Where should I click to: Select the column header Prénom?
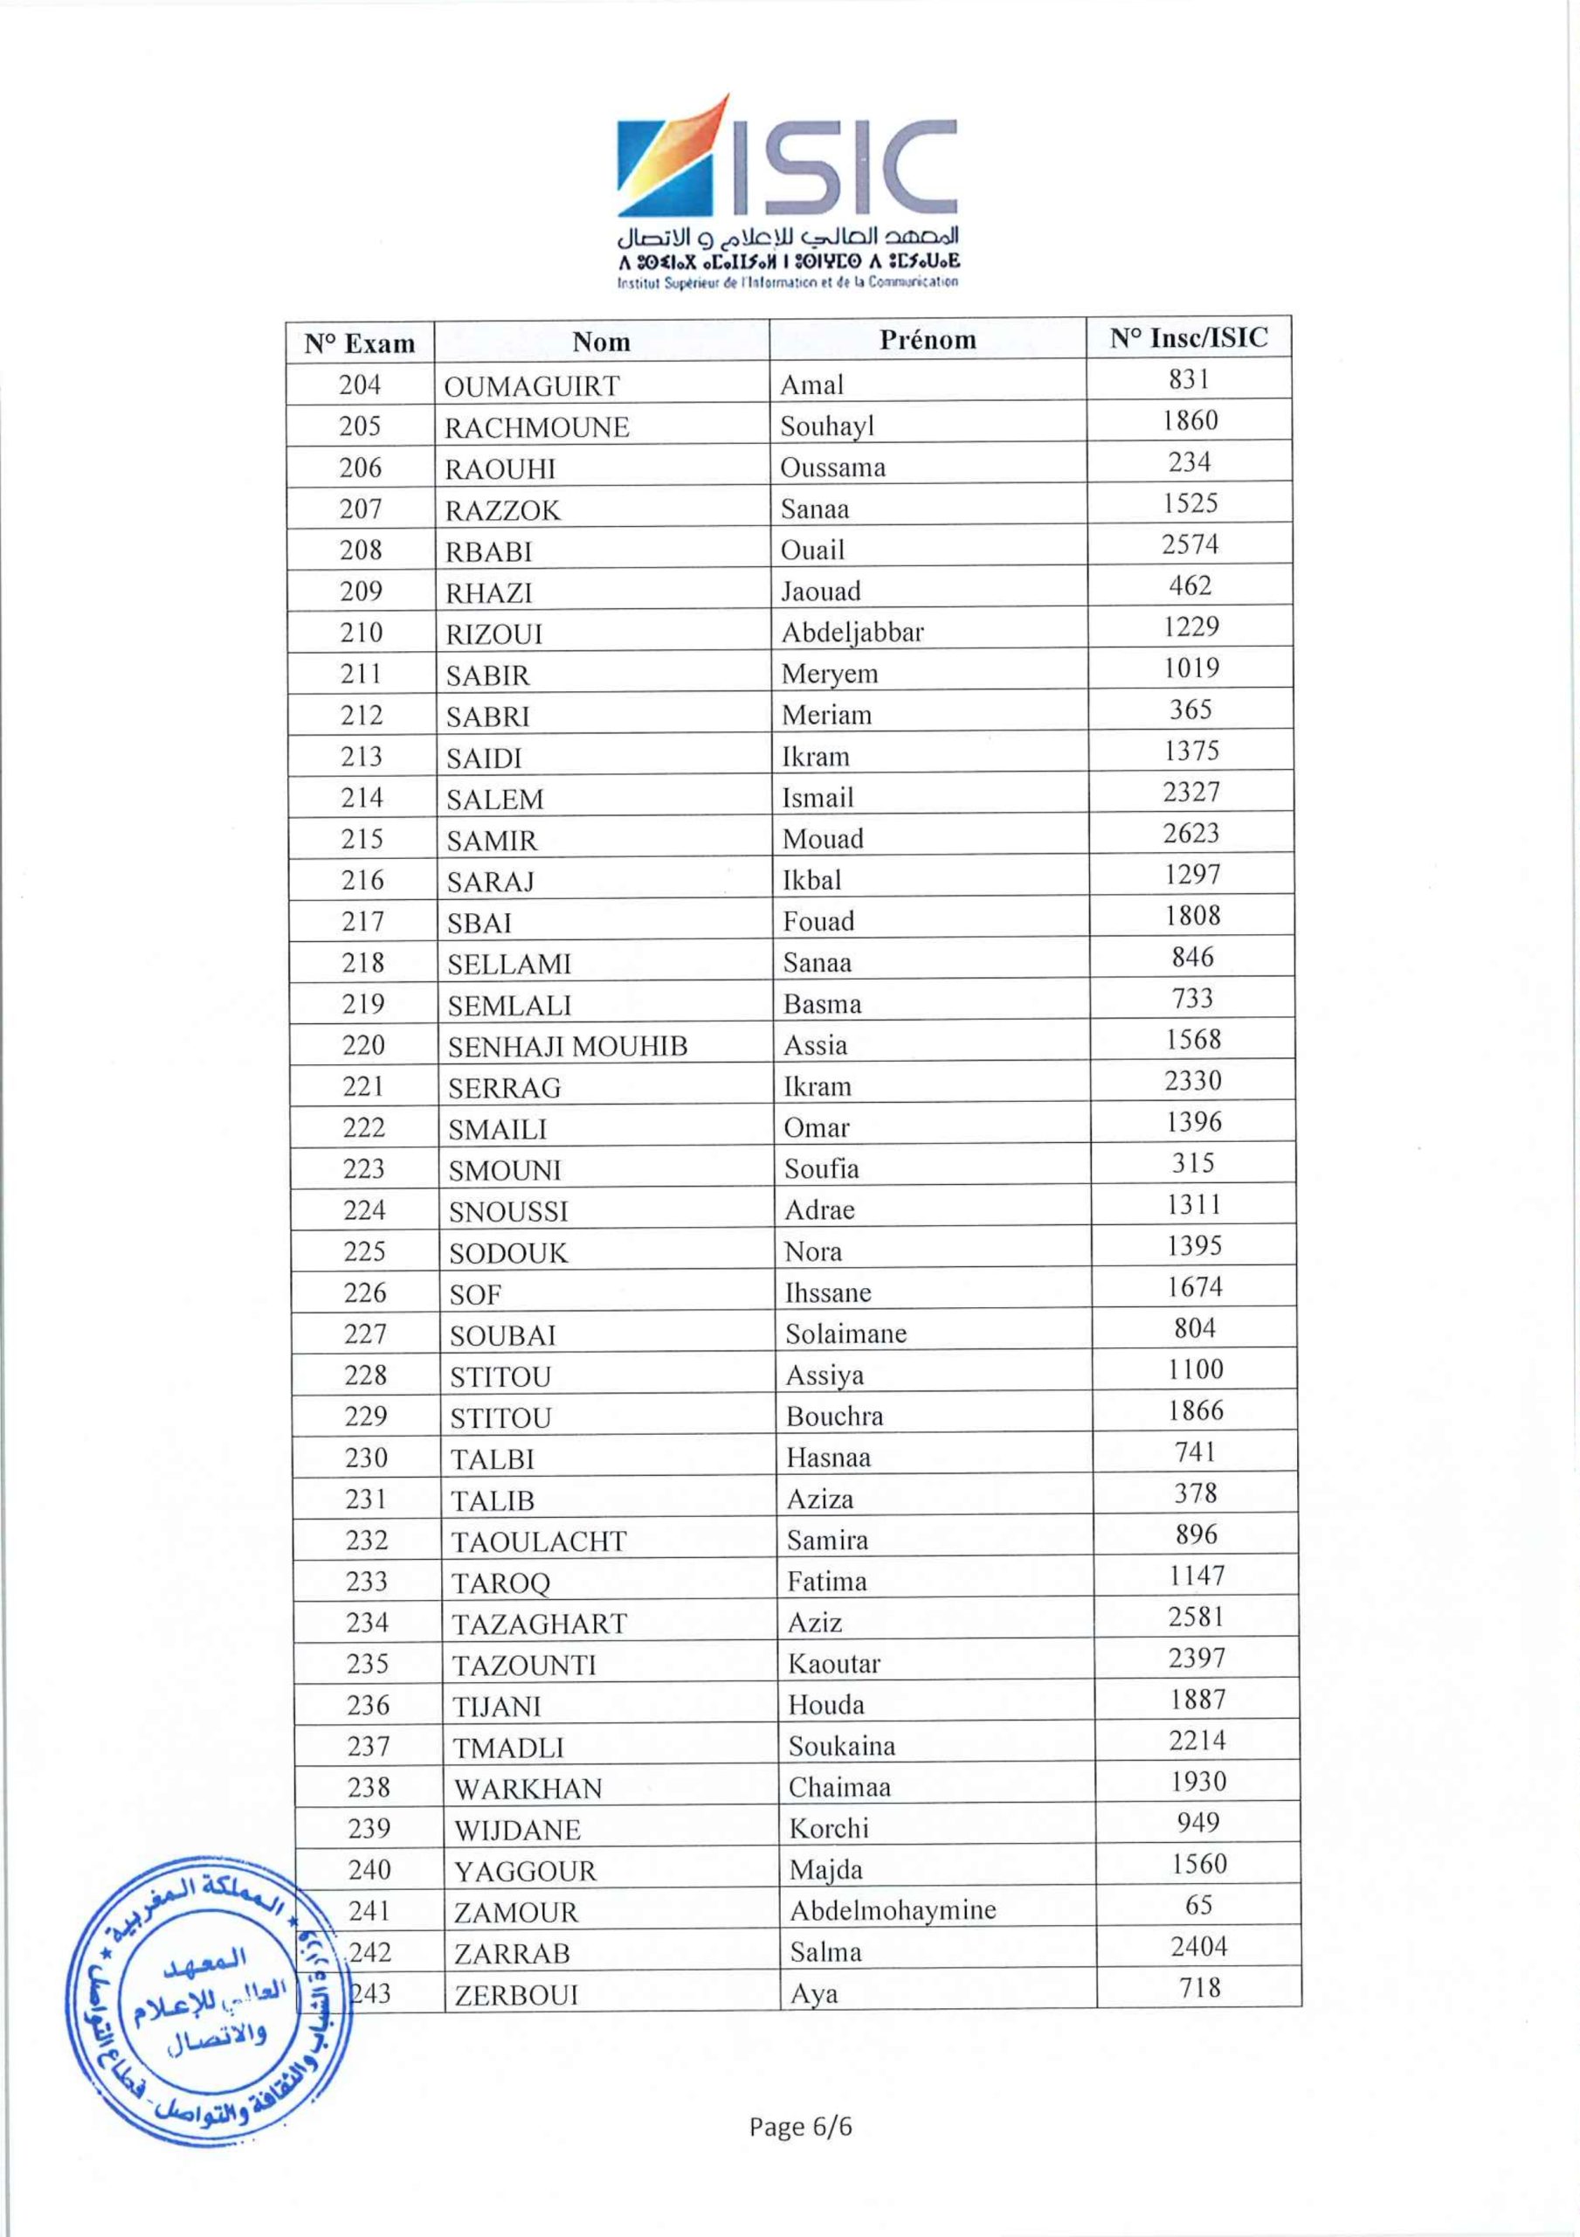pos(927,339)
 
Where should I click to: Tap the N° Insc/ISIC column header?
pos(1189,337)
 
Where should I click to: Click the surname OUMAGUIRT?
pos(531,386)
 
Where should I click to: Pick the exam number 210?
pos(361,633)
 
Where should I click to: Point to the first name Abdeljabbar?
pos(852,633)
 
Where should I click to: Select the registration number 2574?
pos(1190,544)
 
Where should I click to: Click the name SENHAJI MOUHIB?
pos(567,1046)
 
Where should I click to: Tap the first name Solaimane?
pos(845,1333)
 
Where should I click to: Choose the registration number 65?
pos(1198,1905)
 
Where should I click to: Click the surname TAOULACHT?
pos(539,1541)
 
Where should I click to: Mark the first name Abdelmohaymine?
pos(893,1909)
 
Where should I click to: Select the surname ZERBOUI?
pos(516,1995)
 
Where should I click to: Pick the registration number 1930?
pos(1197,1781)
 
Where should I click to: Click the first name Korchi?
pos(828,1828)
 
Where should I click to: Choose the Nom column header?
pos(601,341)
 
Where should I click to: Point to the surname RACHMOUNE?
pos(537,427)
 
